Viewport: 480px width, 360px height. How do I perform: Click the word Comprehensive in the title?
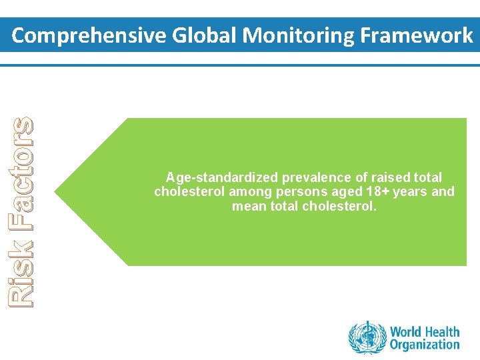(88, 35)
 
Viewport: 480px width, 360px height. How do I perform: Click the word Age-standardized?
(222, 177)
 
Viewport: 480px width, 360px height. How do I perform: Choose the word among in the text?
(251, 192)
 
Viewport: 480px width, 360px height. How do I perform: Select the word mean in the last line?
(248, 207)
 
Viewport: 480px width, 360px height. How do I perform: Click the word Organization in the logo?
(425, 345)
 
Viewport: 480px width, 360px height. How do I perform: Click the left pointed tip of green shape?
(55, 192)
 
